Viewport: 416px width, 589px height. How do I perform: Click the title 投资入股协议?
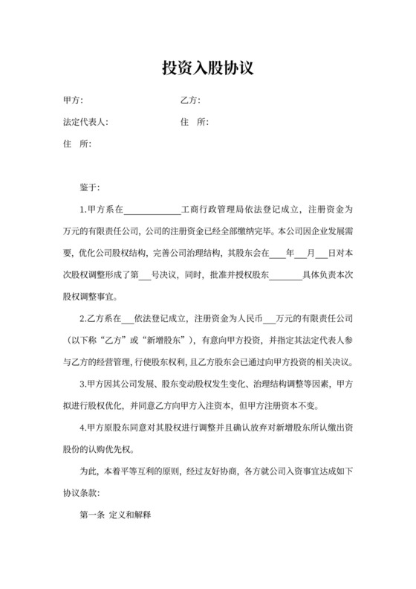point(208,68)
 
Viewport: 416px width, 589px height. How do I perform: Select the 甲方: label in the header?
point(74,100)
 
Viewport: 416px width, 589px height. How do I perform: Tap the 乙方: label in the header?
point(191,100)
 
